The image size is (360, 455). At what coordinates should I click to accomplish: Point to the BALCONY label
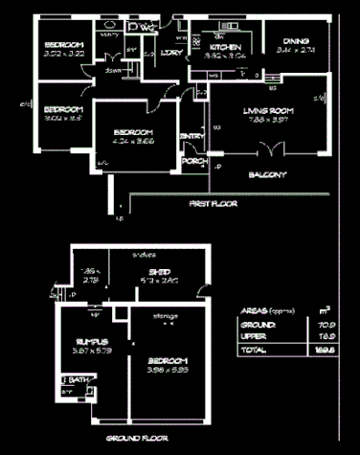[x=268, y=174]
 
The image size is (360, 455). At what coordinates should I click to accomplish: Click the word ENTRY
[x=191, y=136]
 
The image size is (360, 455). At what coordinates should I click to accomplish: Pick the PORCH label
[x=195, y=160]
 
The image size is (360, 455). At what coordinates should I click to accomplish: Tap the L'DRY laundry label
[x=173, y=53]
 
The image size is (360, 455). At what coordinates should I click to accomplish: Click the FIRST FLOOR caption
[x=212, y=204]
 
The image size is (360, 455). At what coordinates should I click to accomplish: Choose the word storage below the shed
[x=163, y=313]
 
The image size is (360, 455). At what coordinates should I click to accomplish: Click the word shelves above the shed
[x=146, y=254]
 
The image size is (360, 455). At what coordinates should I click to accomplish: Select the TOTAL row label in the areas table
[x=253, y=352]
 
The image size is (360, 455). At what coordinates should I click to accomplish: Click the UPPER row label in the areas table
[x=254, y=337]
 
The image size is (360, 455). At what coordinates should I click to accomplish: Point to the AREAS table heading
[x=253, y=311]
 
